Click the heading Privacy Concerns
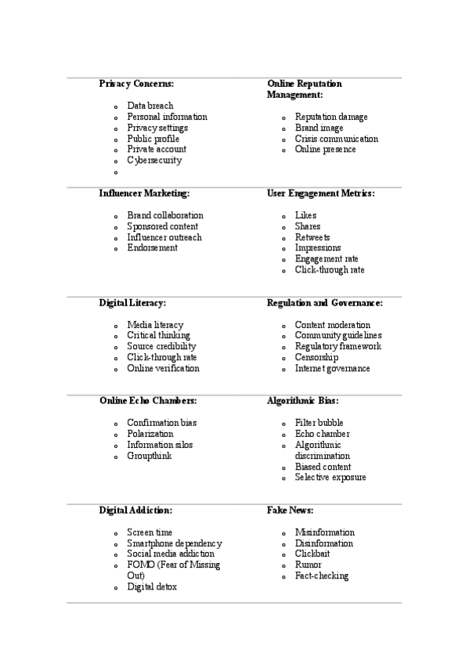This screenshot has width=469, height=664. point(136,83)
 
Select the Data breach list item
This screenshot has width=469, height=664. point(150,106)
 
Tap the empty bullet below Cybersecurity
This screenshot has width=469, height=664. point(115,172)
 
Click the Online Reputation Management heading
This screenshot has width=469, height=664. point(305,88)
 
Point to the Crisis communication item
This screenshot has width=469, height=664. point(336,139)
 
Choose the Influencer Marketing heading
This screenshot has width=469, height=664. point(144,193)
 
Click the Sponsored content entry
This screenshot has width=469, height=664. point(162,226)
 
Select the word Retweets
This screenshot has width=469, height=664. point(312,237)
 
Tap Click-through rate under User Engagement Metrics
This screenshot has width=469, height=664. point(329,270)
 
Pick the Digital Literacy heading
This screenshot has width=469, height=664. point(132,302)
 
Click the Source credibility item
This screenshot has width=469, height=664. point(161,346)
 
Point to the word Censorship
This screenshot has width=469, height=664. point(316,357)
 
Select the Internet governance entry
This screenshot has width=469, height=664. point(332,368)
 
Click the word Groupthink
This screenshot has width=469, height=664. point(149,456)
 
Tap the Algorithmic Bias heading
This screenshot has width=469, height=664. point(302,400)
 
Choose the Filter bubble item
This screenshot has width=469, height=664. point(319,423)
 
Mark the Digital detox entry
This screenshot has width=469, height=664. point(152,587)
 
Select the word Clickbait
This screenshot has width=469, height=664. point(313,554)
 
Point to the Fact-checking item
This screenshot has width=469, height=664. point(321,576)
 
